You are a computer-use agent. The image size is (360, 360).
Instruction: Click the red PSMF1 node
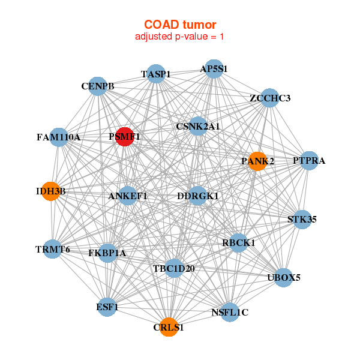click(x=124, y=137)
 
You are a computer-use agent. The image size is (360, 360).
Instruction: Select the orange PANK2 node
click(x=257, y=161)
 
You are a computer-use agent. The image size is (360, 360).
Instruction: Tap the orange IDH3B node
click(x=50, y=191)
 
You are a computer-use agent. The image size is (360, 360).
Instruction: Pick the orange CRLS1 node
click(x=169, y=327)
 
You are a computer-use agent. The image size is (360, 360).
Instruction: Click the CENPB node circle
click(x=98, y=86)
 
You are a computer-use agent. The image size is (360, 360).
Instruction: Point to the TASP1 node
click(x=156, y=74)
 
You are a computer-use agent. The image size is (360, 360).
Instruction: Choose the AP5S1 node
click(x=214, y=69)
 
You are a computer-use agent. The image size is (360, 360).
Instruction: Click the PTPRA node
click(x=308, y=160)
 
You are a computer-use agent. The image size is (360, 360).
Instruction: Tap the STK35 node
click(x=301, y=219)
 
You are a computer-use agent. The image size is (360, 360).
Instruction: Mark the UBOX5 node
click(x=284, y=277)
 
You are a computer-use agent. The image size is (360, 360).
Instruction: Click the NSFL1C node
click(x=230, y=312)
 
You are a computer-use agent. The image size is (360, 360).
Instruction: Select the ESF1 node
click(x=107, y=307)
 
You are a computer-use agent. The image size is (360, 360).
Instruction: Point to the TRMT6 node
click(x=52, y=248)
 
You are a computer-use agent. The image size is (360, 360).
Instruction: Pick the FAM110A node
click(x=58, y=137)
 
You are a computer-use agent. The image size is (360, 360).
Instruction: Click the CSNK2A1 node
click(x=198, y=127)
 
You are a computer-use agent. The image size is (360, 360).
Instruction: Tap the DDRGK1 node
click(x=198, y=196)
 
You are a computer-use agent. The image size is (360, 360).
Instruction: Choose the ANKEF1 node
click(x=128, y=196)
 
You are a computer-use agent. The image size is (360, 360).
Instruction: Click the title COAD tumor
click(x=180, y=25)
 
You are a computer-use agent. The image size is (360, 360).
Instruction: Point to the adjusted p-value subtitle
click(x=180, y=37)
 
